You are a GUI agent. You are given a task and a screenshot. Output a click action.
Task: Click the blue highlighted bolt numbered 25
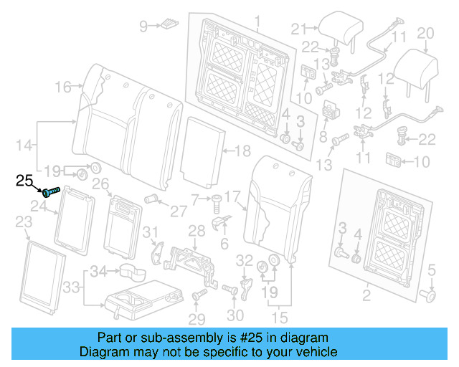click(51, 191)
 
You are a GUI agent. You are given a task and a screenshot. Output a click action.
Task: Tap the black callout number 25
click(24, 181)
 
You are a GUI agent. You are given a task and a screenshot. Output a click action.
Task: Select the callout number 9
click(143, 26)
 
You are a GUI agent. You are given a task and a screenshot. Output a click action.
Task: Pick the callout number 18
click(243, 151)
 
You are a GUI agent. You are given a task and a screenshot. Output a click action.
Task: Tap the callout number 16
click(63, 87)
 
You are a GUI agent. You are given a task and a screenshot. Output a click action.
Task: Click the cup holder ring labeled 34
click(132, 272)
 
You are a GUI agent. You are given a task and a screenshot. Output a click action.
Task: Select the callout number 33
click(71, 287)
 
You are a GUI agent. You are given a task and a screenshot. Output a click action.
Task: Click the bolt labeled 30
click(230, 290)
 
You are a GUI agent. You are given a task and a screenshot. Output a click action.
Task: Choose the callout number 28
click(197, 232)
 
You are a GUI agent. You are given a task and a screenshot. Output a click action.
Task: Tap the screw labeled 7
click(216, 204)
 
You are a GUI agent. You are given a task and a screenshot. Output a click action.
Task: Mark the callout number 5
click(432, 270)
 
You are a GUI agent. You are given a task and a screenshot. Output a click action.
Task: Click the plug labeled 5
click(428, 295)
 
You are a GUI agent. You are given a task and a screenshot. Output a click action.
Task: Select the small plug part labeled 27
click(151, 199)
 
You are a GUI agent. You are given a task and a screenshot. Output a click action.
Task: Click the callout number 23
click(24, 221)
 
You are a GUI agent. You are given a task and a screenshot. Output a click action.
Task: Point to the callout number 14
click(24, 146)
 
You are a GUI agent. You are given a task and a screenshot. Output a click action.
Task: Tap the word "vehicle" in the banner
click(318, 351)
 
